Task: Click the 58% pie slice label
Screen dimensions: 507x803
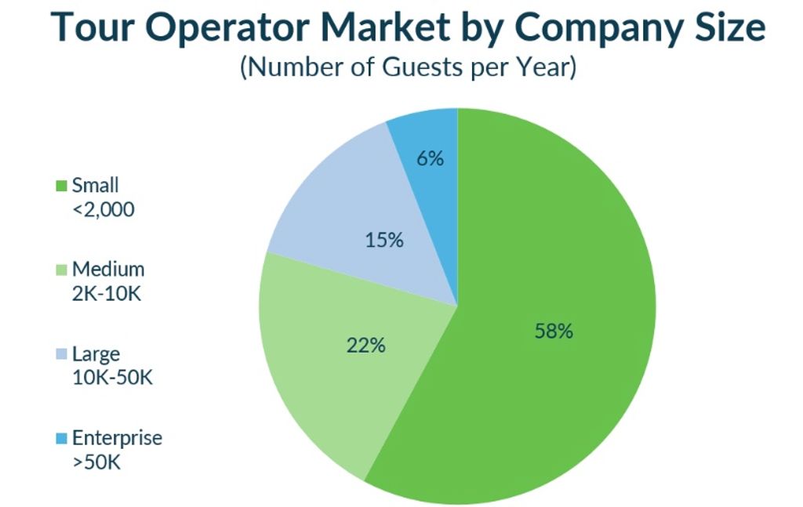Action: tap(554, 331)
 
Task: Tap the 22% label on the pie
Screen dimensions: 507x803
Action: tap(365, 345)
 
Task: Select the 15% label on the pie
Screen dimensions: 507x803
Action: tap(384, 241)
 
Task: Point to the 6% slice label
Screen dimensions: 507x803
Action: tap(431, 158)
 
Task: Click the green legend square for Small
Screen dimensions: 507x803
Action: tap(61, 187)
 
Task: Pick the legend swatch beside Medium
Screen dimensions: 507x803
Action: tap(61, 270)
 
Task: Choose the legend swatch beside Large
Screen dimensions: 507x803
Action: tap(61, 355)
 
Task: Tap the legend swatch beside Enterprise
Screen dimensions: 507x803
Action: tap(61, 438)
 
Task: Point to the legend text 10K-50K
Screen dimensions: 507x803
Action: tap(112, 377)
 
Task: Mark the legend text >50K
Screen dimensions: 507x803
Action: tap(96, 462)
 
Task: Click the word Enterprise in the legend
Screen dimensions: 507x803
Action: tap(117, 438)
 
